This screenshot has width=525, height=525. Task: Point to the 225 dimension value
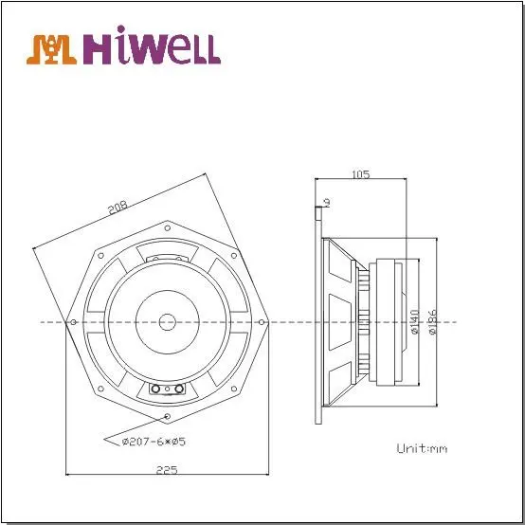[166, 469]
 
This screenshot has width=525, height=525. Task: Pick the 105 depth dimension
[360, 174]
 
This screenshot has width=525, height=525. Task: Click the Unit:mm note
[421, 447]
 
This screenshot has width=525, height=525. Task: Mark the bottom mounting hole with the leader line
[168, 416]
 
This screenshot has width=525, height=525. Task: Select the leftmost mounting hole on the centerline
[74, 321]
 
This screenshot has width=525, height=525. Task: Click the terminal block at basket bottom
[168, 389]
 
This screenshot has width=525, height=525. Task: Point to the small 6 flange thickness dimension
[325, 201]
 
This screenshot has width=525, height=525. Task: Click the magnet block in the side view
[389, 321]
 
